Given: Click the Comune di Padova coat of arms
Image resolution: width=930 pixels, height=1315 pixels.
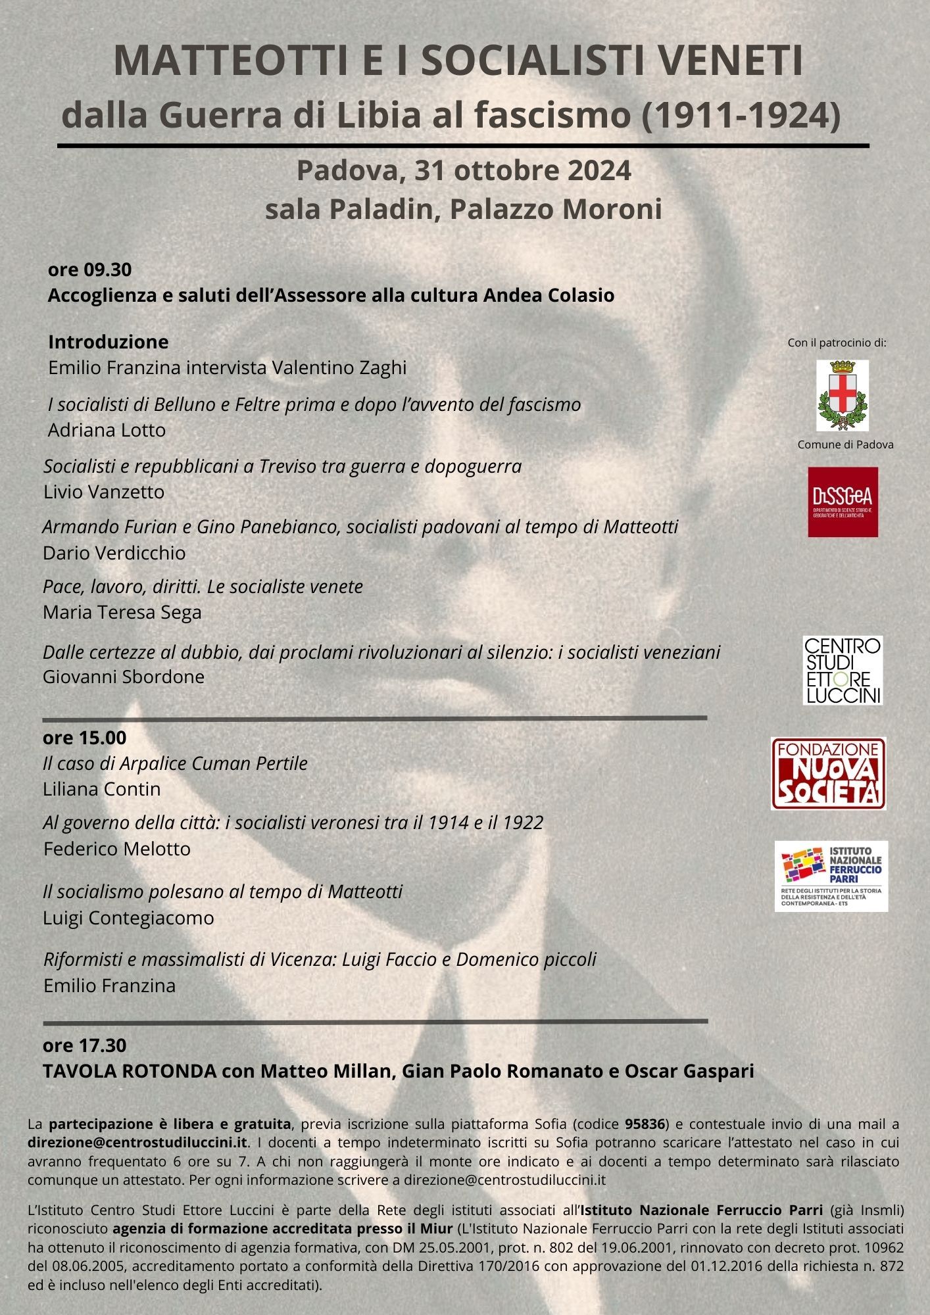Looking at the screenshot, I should point(843,395).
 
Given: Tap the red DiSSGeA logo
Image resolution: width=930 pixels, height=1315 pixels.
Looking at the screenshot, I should point(843,502).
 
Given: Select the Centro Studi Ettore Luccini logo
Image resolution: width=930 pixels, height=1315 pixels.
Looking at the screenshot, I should point(843,670).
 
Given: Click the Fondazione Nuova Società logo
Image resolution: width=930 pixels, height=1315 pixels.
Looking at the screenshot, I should point(829,773).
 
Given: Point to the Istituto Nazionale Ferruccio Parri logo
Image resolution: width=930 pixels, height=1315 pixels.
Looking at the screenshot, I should point(831,875).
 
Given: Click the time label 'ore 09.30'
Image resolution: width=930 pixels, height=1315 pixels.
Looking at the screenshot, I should point(89,270).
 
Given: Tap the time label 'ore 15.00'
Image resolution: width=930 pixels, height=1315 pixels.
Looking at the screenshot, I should point(84,738).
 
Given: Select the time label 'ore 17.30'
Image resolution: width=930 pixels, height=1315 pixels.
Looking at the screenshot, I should point(84,1045).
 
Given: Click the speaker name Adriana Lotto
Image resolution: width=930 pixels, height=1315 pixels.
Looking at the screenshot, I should point(107,430).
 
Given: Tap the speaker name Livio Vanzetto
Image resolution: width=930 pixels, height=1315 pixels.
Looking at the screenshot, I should point(104,492).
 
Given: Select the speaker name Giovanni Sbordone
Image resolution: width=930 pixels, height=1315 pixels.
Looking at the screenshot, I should point(124,677).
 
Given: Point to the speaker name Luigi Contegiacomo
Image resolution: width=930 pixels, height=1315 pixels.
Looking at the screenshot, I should point(128,918).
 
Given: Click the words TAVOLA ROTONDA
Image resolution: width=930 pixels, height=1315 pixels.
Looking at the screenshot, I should point(130,1071).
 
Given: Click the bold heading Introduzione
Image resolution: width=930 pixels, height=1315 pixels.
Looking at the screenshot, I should point(109,342).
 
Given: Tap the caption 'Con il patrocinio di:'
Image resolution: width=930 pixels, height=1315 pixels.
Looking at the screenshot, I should point(837,343).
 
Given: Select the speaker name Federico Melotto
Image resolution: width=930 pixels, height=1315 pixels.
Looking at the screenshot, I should point(117,849).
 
